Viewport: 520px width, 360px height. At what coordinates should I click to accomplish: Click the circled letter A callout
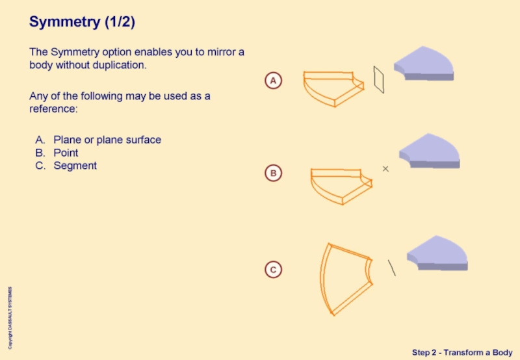[x=273, y=81]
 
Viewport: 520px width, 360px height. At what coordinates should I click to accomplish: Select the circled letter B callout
[x=273, y=173]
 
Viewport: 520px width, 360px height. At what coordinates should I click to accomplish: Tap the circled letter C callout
[x=273, y=270]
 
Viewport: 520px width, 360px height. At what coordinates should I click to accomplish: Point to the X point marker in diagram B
[x=385, y=169]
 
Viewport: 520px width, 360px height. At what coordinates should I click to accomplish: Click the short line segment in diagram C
[x=392, y=268]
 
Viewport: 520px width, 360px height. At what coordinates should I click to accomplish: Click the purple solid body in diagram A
[x=424, y=63]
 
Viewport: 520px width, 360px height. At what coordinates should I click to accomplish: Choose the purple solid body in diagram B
[x=430, y=151]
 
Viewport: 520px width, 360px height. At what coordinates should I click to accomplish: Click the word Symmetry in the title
[x=64, y=22]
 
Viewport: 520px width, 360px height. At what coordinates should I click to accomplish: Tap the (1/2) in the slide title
[x=120, y=22]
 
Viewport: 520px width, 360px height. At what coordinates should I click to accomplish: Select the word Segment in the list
[x=75, y=166]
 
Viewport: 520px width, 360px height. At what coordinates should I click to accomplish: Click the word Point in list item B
[x=66, y=153]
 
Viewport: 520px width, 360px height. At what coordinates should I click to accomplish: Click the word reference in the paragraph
[x=53, y=109]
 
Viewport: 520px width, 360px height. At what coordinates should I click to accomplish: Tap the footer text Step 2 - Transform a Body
[x=462, y=352]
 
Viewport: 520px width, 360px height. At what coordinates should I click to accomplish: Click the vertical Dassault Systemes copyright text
[x=10, y=318]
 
